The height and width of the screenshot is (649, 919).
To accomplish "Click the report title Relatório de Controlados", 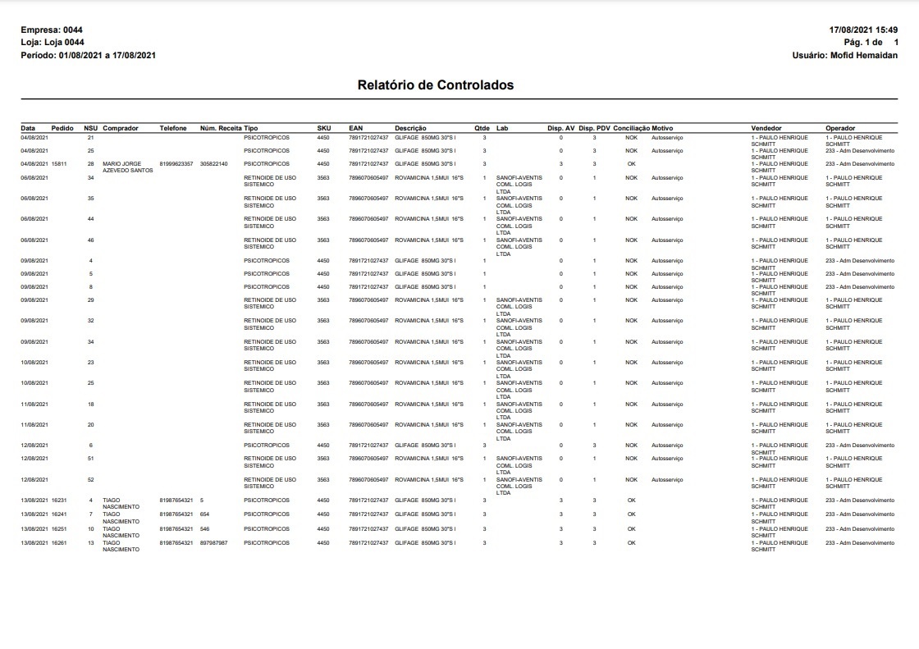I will (435, 85).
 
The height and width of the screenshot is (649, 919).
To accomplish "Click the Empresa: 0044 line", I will (52, 30).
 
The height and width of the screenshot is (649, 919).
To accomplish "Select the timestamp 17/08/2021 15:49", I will (863, 30).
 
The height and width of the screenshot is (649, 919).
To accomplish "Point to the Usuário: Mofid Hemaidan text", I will (844, 55).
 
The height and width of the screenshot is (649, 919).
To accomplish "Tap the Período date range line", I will (88, 55).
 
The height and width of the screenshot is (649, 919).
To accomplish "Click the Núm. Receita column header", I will (221, 128).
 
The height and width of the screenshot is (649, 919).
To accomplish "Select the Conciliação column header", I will (631, 128).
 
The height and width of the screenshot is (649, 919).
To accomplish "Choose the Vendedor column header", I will (766, 128).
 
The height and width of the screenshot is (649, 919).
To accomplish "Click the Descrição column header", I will (410, 128).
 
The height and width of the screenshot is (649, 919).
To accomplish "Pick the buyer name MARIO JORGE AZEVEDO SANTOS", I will (127, 167).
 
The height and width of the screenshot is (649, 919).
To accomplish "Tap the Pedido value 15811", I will (59, 163).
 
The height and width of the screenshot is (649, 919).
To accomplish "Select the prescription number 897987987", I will (213, 542).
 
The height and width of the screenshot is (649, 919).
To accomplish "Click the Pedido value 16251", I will (59, 528).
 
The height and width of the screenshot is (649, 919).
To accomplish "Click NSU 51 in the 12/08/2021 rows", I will (90, 459).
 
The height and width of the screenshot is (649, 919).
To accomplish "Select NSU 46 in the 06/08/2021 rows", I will (90, 240).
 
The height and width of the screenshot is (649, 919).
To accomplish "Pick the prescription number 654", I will (205, 514).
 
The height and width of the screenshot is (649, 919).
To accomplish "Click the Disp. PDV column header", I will (594, 128).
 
